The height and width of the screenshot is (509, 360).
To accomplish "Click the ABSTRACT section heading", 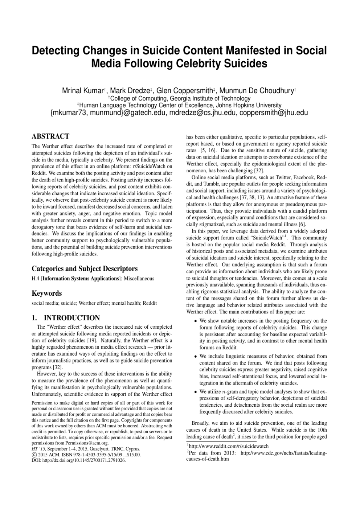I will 50,136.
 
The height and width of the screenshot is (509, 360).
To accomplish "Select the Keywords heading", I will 46,293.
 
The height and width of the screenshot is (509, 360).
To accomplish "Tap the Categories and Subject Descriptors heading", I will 85,269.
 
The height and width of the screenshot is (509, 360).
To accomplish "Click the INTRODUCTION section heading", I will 66,318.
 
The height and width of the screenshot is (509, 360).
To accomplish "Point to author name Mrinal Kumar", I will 83,91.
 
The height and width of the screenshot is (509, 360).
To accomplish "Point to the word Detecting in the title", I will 58,50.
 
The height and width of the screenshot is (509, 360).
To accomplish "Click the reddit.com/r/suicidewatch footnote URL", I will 229,446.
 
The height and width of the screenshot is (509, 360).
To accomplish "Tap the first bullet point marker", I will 196,321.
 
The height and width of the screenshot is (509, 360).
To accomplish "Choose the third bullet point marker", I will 196,392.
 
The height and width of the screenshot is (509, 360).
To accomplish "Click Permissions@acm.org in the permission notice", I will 86,443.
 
